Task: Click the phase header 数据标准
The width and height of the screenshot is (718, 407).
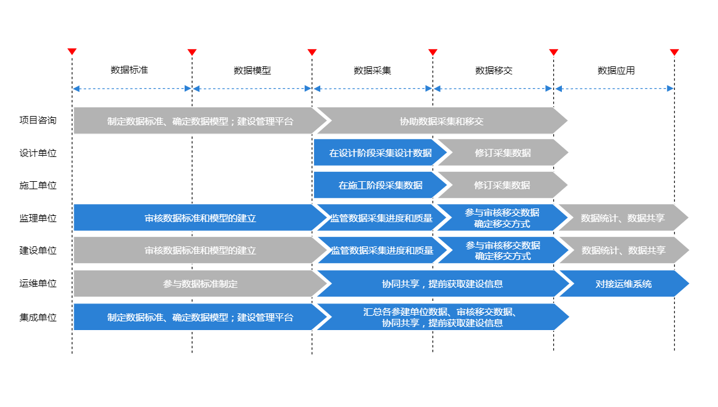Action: pos(129,70)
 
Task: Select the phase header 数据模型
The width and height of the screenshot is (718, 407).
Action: pos(252,71)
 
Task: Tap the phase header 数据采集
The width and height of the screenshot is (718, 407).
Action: pos(372,71)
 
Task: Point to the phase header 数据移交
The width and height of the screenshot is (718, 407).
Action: pos(494,71)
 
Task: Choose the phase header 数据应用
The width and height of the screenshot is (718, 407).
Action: pos(616,71)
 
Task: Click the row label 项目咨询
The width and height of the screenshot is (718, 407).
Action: pos(38,120)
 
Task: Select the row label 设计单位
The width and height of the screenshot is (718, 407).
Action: pos(38,153)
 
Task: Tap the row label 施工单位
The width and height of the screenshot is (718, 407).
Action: pos(38,185)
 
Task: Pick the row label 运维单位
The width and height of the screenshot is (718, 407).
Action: pos(38,284)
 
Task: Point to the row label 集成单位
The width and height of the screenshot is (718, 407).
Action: pos(38,317)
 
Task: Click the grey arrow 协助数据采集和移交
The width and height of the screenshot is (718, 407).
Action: pos(442,121)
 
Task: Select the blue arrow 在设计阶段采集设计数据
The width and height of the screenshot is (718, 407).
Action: pos(380,153)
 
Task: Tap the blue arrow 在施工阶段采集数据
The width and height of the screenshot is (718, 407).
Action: pos(380,185)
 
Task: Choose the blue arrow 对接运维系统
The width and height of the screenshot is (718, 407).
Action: pos(623,284)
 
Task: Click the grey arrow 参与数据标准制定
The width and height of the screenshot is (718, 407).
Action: pos(199,284)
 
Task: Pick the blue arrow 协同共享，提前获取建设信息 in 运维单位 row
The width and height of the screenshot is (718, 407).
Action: pos(442,284)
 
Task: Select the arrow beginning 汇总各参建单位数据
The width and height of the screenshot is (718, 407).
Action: pos(442,317)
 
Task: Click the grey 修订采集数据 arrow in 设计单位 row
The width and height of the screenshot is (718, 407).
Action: pos(502,153)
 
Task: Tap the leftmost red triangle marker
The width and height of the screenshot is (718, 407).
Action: pos(72,52)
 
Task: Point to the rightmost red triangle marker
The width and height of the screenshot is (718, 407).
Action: pos(674,52)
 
